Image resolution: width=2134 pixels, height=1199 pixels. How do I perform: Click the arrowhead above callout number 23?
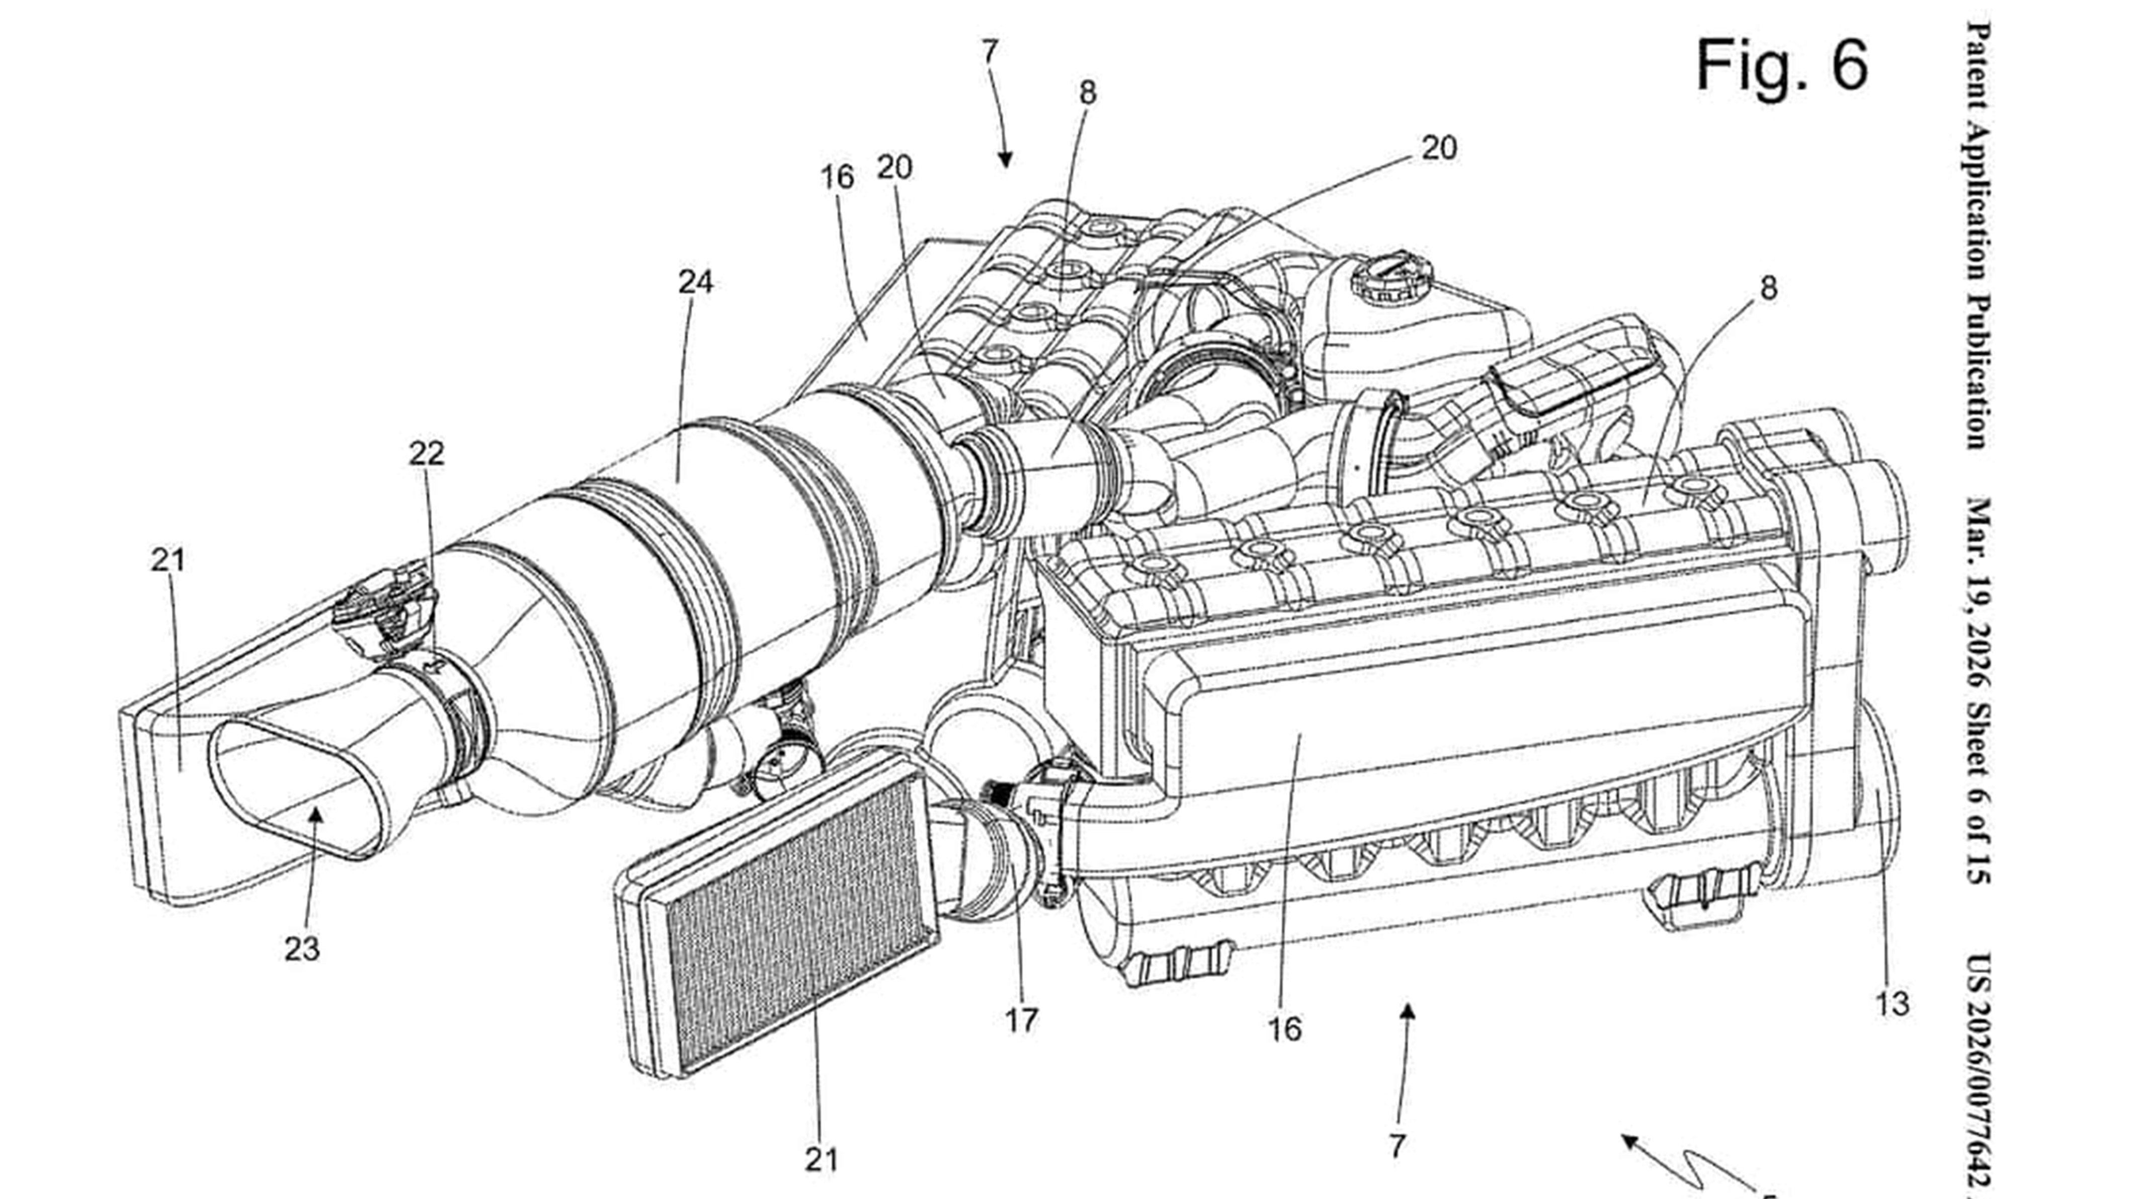click(x=315, y=816)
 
